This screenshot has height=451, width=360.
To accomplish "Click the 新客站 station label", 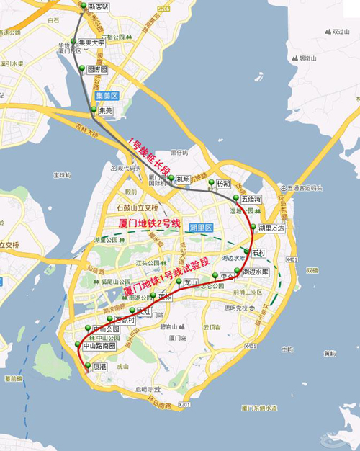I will (x=99, y=8).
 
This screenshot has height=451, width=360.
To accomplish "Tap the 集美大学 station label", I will (x=92, y=43).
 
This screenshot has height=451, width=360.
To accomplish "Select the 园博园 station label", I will (x=97, y=70).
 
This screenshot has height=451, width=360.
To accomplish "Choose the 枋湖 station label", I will (x=222, y=184).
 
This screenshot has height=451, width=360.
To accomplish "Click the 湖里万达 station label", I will (x=271, y=228).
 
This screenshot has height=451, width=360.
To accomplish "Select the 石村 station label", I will (x=259, y=253).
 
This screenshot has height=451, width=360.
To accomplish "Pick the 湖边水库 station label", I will (x=256, y=272).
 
